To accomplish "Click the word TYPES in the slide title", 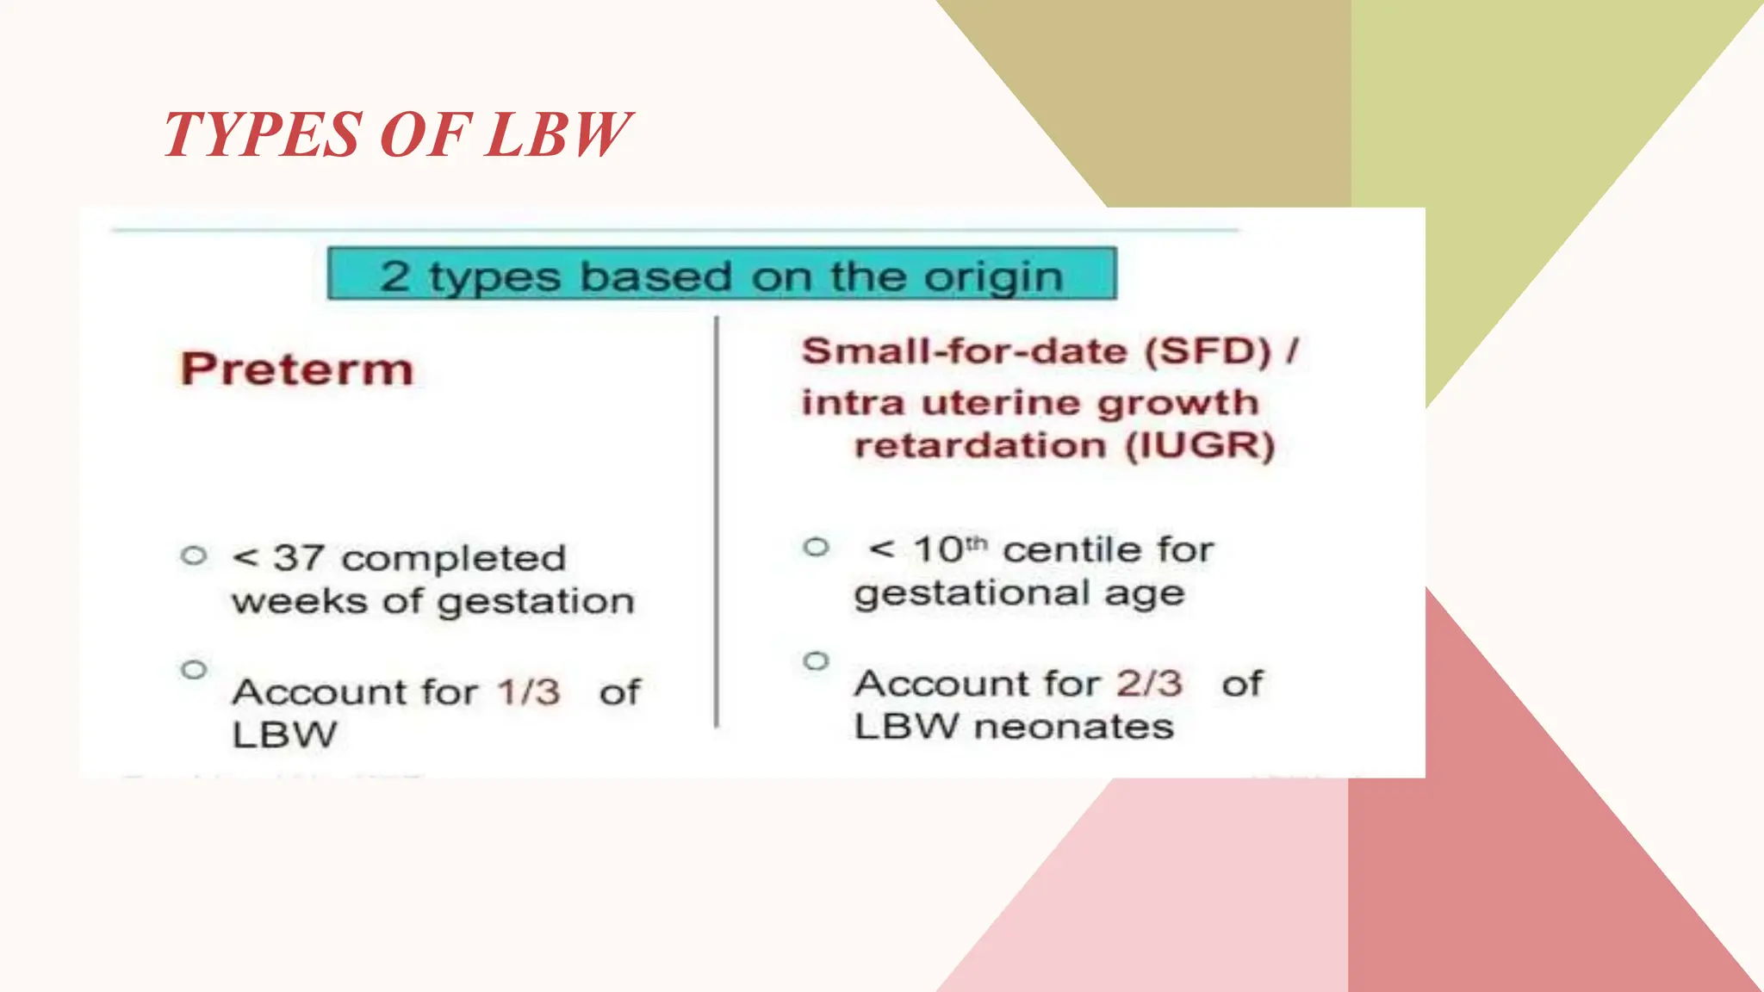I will pyautogui.click(x=263, y=135).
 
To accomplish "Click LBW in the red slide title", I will pyautogui.click(x=558, y=135).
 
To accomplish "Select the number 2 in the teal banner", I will pyautogui.click(x=394, y=276).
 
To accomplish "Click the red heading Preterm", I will pyautogui.click(x=297, y=369).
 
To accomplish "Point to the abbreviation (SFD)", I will pyautogui.click(x=1208, y=351).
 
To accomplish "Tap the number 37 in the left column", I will pyautogui.click(x=299, y=558).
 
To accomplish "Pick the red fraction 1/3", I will pyautogui.click(x=528, y=692).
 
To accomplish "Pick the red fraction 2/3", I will pyautogui.click(x=1150, y=684).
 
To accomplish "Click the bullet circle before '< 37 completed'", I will pyautogui.click(x=195, y=555).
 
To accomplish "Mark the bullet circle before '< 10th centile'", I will pyautogui.click(x=816, y=547).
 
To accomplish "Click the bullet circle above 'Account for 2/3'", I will pyautogui.click(x=816, y=661).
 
